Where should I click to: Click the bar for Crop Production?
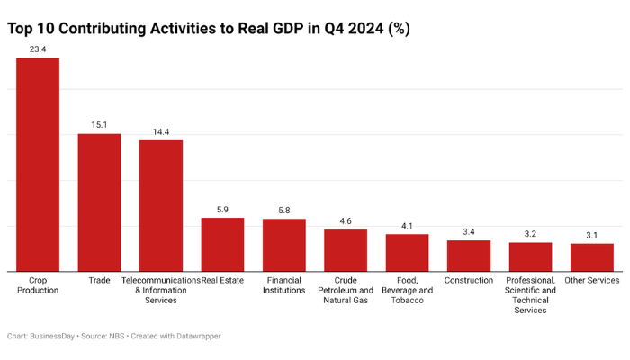click(38, 165)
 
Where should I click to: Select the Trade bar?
click(99, 202)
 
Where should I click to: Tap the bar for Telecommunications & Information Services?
click(161, 205)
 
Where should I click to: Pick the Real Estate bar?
click(222, 244)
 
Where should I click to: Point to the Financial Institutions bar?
click(284, 245)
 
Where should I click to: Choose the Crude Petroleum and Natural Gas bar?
click(346, 250)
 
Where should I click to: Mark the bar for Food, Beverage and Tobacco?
click(408, 252)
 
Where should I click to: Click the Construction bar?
click(469, 256)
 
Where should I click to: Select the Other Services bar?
click(592, 256)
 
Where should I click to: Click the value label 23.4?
click(38, 49)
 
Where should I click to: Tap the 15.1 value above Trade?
click(99, 125)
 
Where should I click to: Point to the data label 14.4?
click(161, 131)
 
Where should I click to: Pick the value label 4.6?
click(346, 220)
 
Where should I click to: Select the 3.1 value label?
click(592, 235)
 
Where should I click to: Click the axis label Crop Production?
click(38, 285)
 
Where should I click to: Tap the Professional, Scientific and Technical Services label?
click(530, 295)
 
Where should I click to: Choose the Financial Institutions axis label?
click(284, 285)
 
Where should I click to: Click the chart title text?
click(209, 28)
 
